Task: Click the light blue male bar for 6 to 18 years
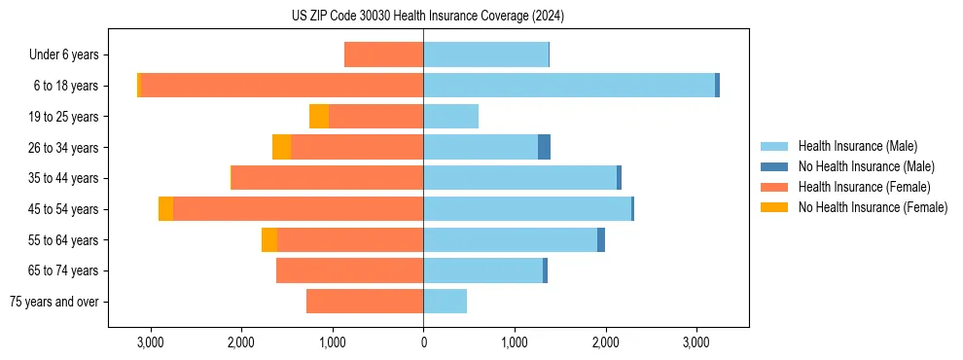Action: point(569,86)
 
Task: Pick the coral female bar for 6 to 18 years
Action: point(282,86)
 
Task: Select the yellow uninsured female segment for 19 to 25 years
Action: point(319,117)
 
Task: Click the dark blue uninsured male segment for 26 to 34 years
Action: point(544,147)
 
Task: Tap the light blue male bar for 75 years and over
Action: point(445,302)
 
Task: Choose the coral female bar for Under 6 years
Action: point(384,54)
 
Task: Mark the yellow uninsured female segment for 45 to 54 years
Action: point(166,209)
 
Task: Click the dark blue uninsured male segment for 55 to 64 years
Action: point(601,239)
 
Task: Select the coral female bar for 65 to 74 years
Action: point(350,270)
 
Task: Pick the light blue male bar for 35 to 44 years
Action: point(520,178)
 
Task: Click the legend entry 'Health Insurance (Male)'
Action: point(857,146)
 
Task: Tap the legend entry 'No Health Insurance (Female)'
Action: point(873,207)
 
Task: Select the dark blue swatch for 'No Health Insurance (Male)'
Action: point(774,166)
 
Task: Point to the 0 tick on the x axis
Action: point(423,342)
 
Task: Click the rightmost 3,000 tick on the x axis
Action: point(696,342)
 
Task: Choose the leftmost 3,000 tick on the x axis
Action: point(150,342)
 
